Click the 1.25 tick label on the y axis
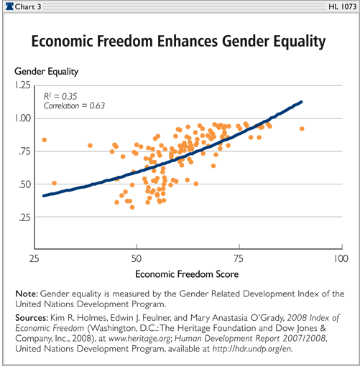[23, 85]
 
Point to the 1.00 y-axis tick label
[23, 118]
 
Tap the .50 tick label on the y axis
[25, 184]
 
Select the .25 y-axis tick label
[25, 217]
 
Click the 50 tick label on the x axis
[137, 258]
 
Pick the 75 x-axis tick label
[239, 258]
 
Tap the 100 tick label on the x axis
[341, 258]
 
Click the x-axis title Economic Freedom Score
[187, 274]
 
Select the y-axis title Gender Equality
[47, 72]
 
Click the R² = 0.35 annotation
[60, 96]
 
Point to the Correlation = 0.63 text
[74, 105]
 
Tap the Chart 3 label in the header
[28, 6]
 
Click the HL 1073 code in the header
[343, 6]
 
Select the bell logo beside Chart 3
[9, 6]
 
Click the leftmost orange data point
[45, 140]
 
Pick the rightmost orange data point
[302, 129]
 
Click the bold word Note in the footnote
[27, 294]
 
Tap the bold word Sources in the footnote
[32, 318]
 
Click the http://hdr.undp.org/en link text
[253, 349]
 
